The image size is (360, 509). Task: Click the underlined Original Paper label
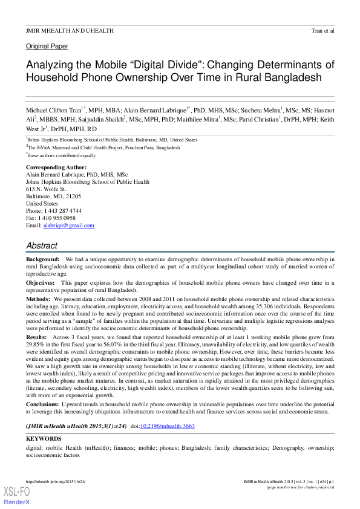click(47, 47)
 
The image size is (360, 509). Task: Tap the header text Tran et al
click(322, 30)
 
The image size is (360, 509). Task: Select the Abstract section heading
click(42, 246)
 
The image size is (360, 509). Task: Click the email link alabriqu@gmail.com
click(68, 225)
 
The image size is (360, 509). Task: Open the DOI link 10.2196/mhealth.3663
click(168, 426)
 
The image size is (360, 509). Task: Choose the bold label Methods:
click(39, 299)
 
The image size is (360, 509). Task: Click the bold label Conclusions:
click(45, 404)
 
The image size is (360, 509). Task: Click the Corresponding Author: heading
click(56, 167)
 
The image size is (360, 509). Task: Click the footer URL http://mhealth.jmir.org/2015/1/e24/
click(56, 481)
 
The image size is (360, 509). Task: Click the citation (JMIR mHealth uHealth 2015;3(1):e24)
click(76, 426)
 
